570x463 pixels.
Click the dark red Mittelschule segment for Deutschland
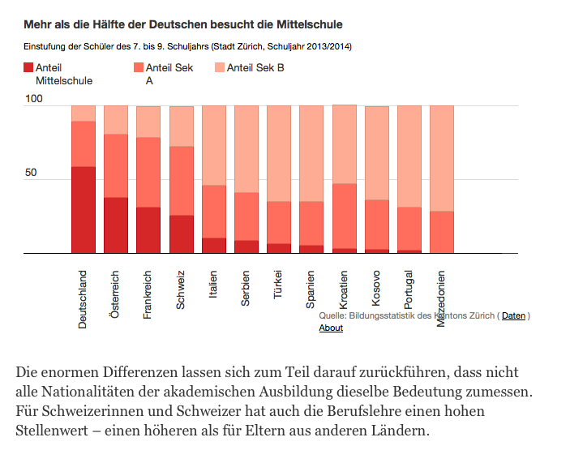point(84,210)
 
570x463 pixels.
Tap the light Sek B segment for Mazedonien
point(441,158)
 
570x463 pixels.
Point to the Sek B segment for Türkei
point(279,153)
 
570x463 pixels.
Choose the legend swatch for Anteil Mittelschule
point(28,68)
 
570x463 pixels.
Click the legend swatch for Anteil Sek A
point(138,68)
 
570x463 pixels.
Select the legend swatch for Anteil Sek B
point(219,68)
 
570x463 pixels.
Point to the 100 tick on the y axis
point(33,99)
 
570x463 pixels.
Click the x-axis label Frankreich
point(148,294)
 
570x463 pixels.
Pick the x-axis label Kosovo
point(376,289)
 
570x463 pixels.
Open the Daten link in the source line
point(513,315)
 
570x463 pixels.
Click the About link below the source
point(331,328)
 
